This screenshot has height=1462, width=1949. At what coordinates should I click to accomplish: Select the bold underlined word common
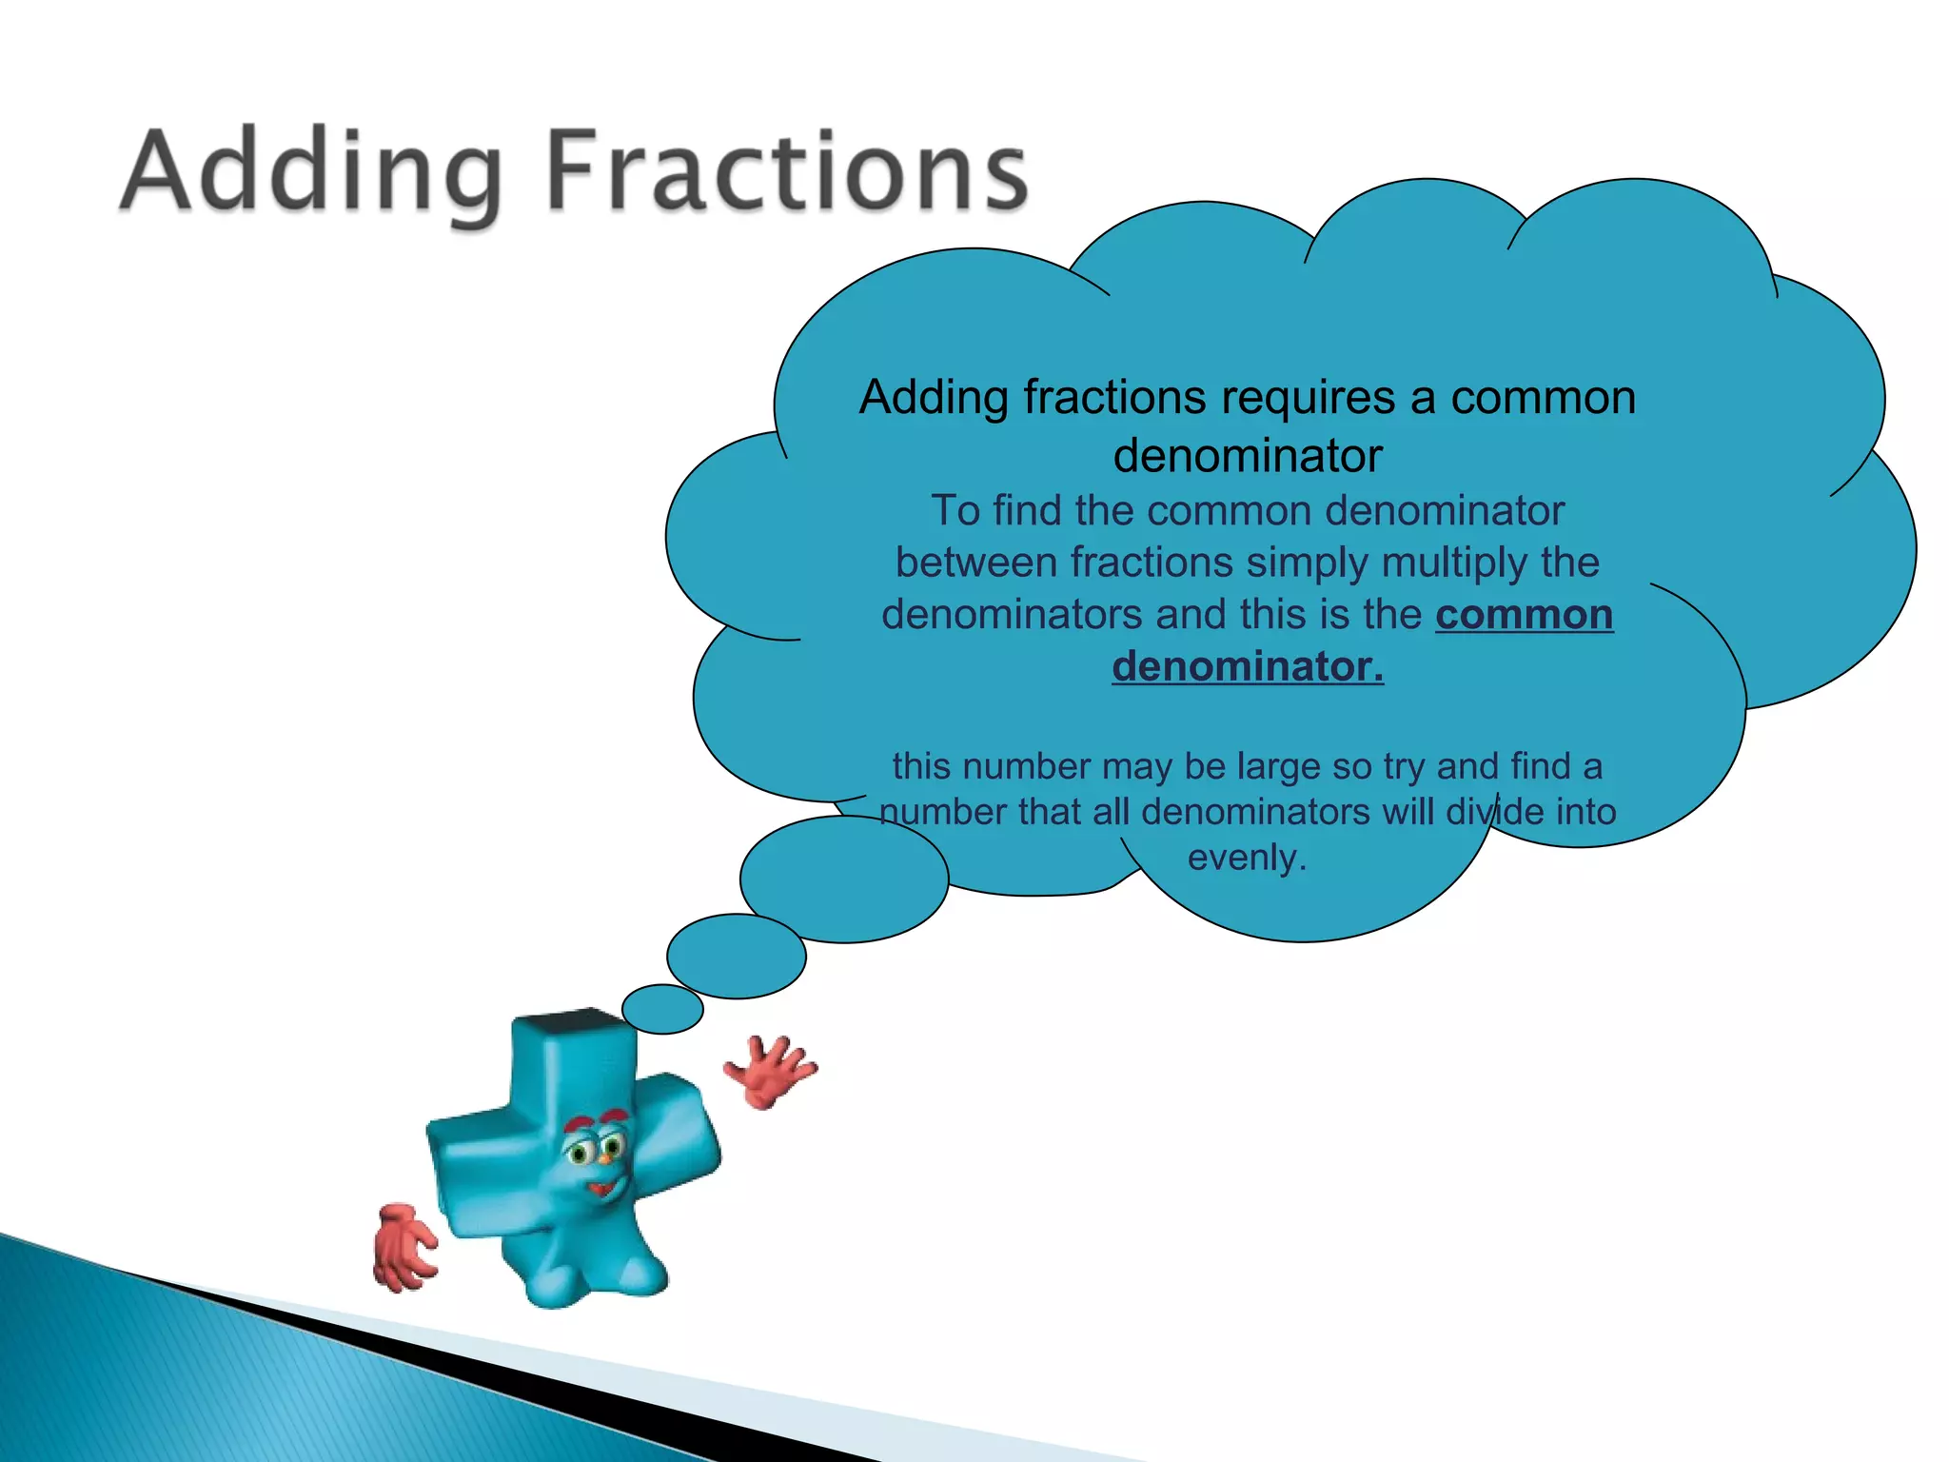tap(1524, 615)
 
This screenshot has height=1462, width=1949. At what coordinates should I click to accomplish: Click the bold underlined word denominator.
tap(1247, 666)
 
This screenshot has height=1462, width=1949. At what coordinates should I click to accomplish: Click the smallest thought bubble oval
tap(662, 1009)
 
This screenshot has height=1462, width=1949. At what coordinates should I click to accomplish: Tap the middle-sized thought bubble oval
tap(736, 956)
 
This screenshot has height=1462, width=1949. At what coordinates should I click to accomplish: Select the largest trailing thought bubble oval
tap(843, 879)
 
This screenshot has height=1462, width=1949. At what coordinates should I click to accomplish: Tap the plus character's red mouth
tap(602, 1189)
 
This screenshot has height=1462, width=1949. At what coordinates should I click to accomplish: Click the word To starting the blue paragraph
tap(955, 511)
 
